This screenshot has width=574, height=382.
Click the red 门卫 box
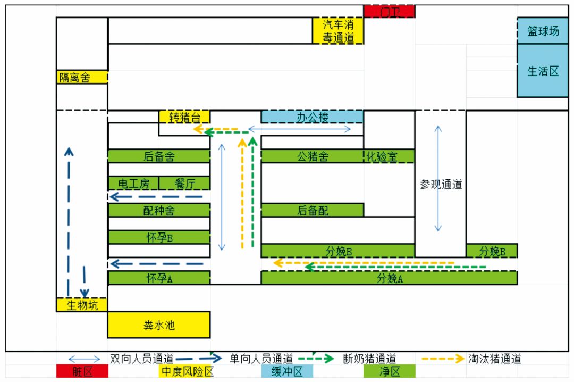tap(389, 11)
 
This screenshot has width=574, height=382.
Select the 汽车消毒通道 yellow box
tap(338, 31)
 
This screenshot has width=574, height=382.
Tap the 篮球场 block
tap(543, 30)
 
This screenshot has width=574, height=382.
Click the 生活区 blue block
tap(543, 70)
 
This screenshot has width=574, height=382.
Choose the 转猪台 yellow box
tap(184, 117)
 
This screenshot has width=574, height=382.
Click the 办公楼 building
tap(312, 117)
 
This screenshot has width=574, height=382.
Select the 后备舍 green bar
tap(159, 156)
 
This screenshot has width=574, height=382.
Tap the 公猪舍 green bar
tap(312, 156)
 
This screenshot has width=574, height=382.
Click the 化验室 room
tap(389, 156)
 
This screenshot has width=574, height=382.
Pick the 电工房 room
tap(133, 184)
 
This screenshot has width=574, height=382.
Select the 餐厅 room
tap(184, 184)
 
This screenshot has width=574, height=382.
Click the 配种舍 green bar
tap(159, 210)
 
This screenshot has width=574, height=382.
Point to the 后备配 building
tap(312, 210)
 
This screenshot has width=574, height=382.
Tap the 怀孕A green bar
tap(159, 278)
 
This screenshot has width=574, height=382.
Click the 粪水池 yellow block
tap(159, 325)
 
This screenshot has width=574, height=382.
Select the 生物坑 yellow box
tap(82, 305)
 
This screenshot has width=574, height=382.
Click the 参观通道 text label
tap(441, 185)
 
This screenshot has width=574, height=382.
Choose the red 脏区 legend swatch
tap(82, 371)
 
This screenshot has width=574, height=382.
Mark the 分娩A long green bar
tap(389, 278)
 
